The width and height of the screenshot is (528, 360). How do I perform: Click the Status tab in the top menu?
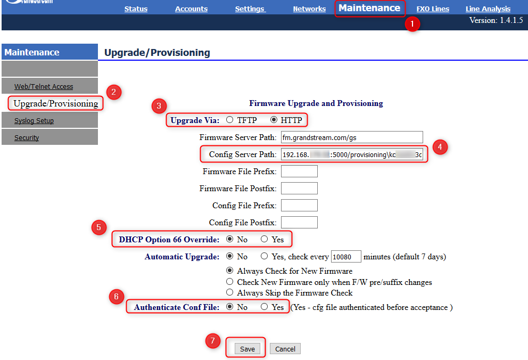click(x=136, y=9)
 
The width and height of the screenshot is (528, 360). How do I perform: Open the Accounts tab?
click(x=191, y=9)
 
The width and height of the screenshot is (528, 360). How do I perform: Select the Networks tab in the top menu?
click(x=309, y=9)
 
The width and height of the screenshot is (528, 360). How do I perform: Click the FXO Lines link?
click(x=433, y=9)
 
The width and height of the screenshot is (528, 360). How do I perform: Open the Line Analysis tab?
click(x=488, y=9)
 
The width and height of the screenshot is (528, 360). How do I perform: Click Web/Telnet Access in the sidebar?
click(x=44, y=87)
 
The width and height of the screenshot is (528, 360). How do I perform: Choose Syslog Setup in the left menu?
click(x=34, y=121)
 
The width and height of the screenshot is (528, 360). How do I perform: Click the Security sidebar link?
click(x=27, y=138)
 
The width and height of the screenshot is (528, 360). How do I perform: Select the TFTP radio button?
click(x=230, y=120)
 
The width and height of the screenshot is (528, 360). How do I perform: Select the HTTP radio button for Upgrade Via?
click(x=274, y=120)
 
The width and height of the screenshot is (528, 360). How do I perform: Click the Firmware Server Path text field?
click(x=351, y=137)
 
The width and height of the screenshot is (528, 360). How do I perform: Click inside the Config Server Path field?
click(x=351, y=154)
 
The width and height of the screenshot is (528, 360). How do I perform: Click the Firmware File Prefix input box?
click(x=299, y=171)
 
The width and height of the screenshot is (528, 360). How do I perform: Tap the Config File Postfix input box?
click(x=299, y=223)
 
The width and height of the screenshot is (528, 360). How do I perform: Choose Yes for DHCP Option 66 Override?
click(x=265, y=239)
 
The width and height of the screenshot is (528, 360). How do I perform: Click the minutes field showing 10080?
click(x=346, y=257)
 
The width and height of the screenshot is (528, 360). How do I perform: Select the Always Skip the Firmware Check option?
click(x=230, y=292)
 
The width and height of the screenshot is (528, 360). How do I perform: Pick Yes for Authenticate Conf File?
click(x=265, y=307)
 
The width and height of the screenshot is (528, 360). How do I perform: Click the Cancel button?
click(x=285, y=349)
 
